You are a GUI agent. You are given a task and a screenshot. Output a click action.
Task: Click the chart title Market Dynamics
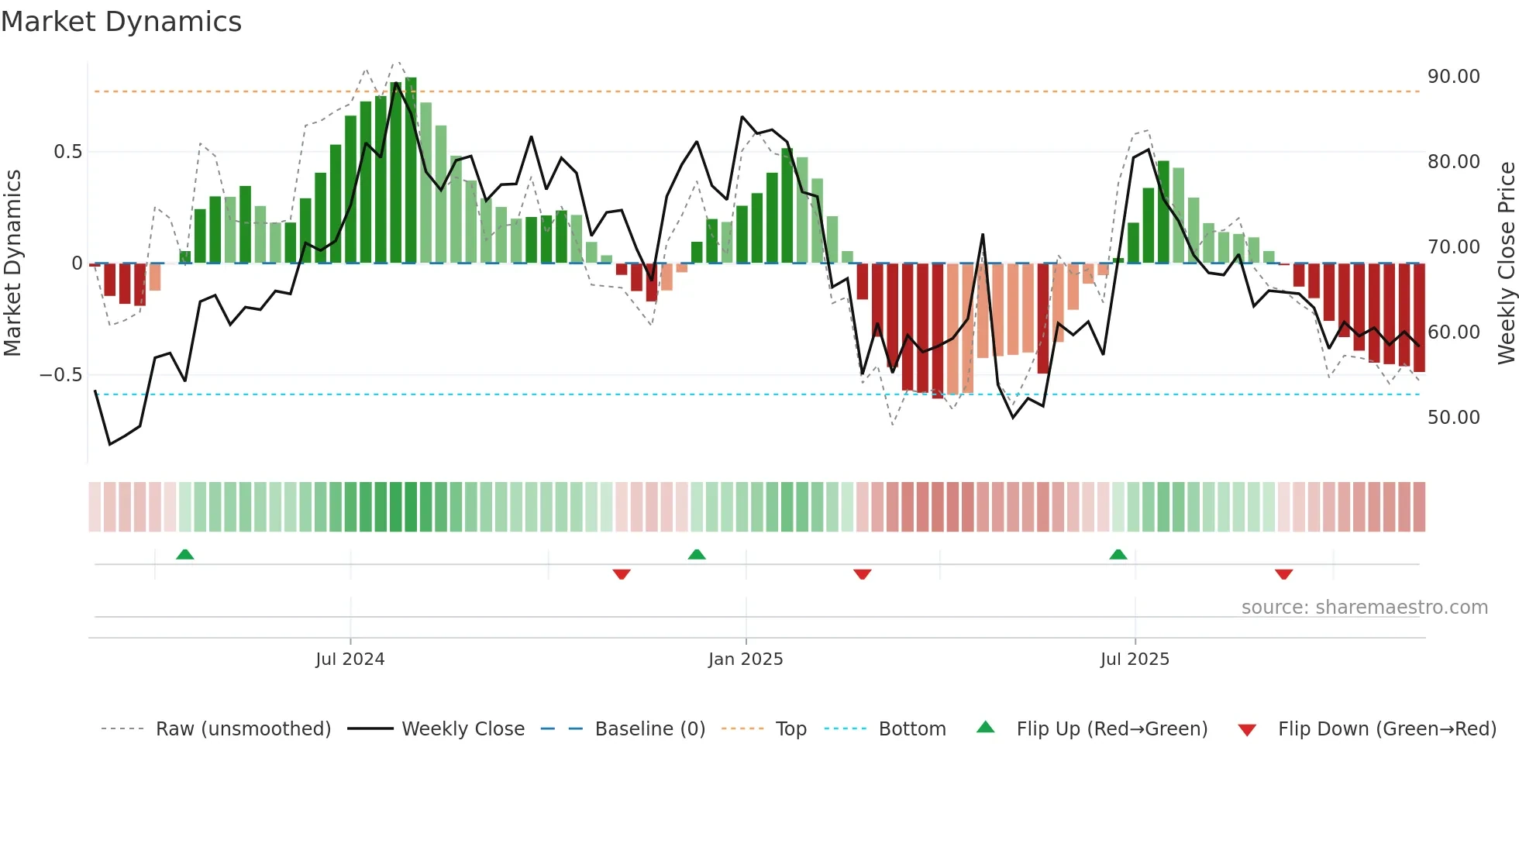(x=121, y=22)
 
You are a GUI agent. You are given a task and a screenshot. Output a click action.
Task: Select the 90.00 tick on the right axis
(x=1453, y=77)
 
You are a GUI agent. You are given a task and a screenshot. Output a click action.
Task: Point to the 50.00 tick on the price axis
(x=1453, y=418)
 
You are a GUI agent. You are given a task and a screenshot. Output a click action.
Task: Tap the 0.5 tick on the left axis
(x=67, y=152)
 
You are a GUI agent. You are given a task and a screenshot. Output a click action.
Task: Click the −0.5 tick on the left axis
(x=60, y=375)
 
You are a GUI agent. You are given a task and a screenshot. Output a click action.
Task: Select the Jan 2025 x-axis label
(x=746, y=659)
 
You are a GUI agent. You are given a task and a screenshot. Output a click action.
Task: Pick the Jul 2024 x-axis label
(x=350, y=659)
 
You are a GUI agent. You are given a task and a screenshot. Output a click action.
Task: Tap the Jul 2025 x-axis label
(x=1135, y=659)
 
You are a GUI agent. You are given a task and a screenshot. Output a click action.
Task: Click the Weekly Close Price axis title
(x=1506, y=263)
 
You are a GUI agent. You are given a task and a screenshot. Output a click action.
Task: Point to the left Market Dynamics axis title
(x=12, y=263)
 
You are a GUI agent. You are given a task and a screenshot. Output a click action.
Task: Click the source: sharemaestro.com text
(x=1364, y=608)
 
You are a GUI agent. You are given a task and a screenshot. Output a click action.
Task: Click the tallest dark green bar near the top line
(x=411, y=170)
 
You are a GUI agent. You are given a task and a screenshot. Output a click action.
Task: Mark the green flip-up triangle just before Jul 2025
(x=1118, y=555)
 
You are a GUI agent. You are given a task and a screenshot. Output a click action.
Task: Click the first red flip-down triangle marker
(x=621, y=574)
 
